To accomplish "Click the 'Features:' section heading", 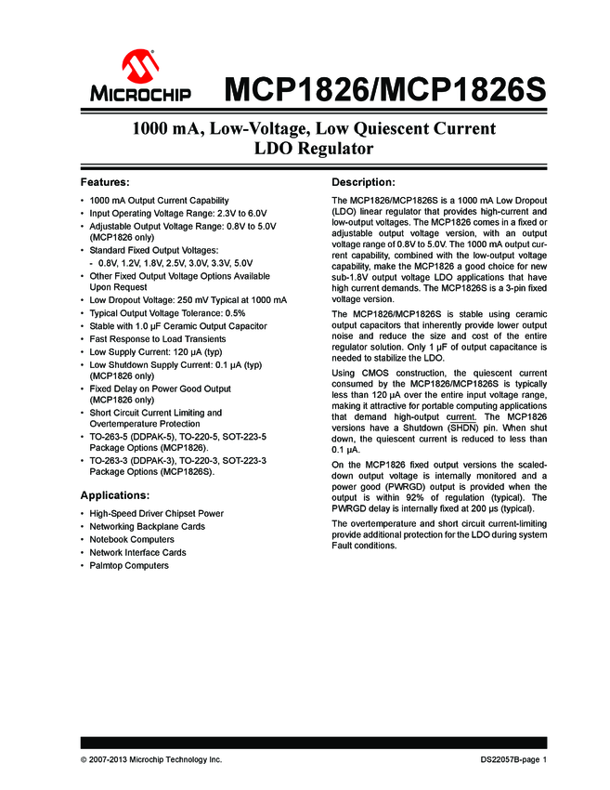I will [105, 181].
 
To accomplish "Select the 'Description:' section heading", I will [364, 181].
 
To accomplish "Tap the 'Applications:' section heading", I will [115, 494].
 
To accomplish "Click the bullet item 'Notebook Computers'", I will [131, 539].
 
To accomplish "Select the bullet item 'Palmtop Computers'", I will [129, 565].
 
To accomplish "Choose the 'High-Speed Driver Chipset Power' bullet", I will [156, 513].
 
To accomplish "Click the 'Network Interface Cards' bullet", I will [137, 552].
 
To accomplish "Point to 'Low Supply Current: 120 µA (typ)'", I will [155, 352].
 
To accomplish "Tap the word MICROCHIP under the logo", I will [141, 94].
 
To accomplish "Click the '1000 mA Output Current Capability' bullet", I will [159, 200].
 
